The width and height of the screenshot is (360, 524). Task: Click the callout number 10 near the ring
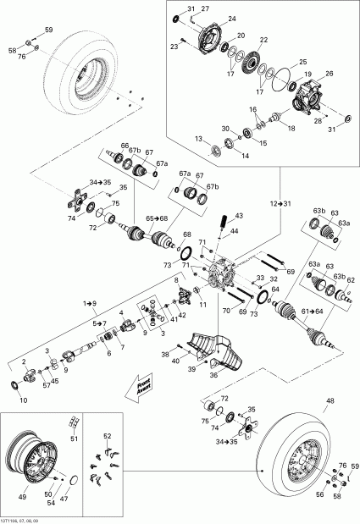23,399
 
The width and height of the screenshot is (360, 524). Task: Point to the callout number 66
125,145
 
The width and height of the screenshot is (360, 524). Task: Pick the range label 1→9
88,301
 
